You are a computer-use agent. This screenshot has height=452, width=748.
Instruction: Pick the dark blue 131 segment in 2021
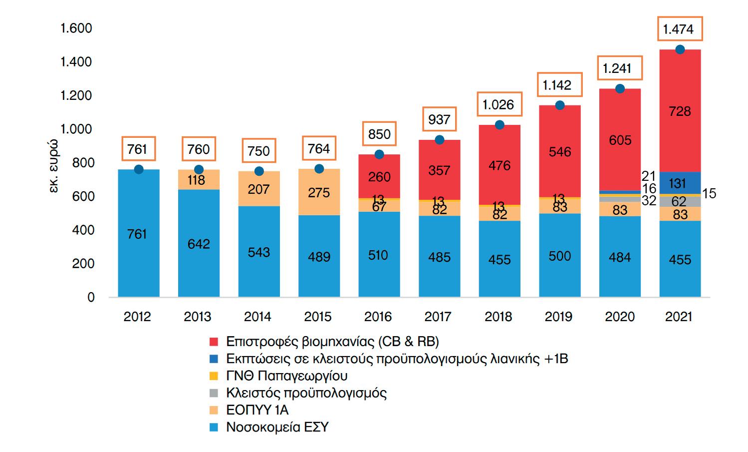pos(680,183)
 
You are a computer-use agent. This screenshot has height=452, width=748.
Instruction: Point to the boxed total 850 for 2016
pos(379,134)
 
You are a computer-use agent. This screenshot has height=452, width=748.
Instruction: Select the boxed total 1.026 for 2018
pos(499,105)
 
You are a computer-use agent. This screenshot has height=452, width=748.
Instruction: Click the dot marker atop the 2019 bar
pos(559,105)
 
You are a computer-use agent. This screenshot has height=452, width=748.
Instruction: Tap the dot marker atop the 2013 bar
pos(199,170)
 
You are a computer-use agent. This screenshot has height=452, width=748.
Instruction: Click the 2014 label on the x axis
pos(257,317)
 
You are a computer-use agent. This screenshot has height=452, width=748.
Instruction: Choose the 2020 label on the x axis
pos(620,317)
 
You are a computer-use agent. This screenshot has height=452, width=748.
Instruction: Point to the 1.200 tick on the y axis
pos(76,96)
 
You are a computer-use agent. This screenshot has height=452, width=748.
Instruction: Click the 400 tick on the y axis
pos(83,230)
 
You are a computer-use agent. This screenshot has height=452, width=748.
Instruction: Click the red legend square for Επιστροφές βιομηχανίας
pos(214,342)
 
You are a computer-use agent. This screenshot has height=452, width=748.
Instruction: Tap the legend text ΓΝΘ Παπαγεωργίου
pos(286,376)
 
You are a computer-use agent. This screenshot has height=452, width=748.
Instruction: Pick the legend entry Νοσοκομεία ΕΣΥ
pos(277,428)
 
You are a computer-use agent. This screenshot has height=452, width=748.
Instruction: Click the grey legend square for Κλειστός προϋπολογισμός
pos(214,393)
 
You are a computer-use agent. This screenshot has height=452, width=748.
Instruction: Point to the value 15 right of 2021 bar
pos(709,194)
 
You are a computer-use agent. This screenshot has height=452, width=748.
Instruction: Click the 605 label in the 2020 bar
pos(620,140)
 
